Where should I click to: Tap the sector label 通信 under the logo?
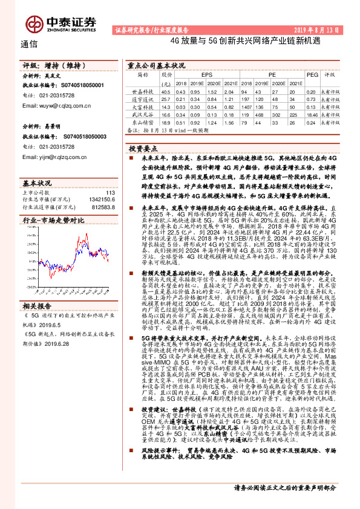28,44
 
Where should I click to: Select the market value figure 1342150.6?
101,199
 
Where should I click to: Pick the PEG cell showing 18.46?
312,114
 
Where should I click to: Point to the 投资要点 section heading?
143,148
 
